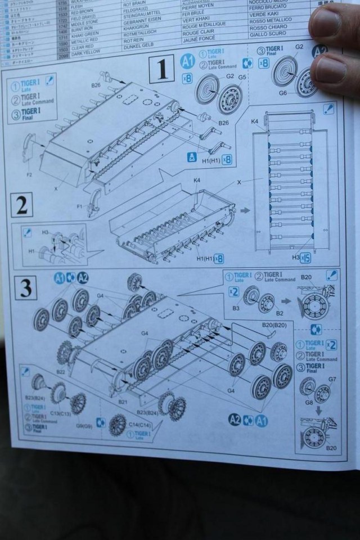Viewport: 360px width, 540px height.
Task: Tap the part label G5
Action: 242,77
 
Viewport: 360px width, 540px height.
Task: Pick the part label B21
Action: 123,402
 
